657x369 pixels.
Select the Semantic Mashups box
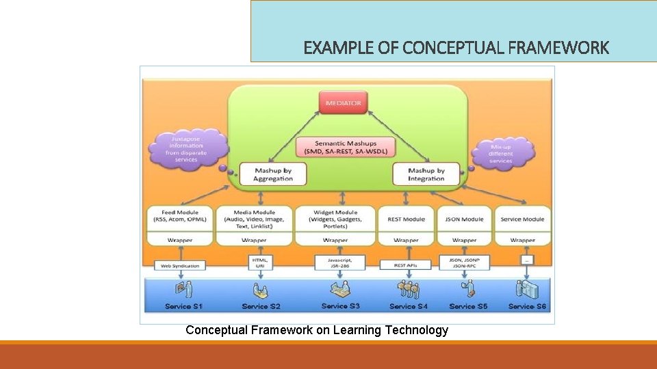point(346,147)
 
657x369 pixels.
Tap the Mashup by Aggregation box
point(273,174)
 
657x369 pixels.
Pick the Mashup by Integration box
point(426,174)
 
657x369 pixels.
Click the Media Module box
point(254,219)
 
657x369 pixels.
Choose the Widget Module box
point(335,219)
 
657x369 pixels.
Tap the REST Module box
point(406,219)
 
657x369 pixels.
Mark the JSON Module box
point(465,219)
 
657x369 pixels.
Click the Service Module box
point(522,219)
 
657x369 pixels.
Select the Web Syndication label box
point(180,265)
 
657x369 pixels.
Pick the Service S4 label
point(408,306)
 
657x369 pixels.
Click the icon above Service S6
point(527,290)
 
